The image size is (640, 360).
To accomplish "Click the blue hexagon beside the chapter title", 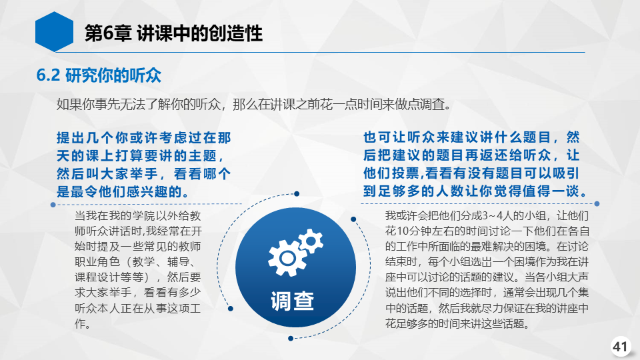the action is pyautogui.click(x=54, y=31).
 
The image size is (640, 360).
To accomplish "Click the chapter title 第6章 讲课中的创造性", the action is pyautogui.click(x=173, y=33).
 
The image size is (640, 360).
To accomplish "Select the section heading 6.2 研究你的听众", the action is pyautogui.click(x=99, y=75).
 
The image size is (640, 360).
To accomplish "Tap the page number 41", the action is pyautogui.click(x=620, y=347).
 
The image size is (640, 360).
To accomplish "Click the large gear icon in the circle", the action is pyautogui.click(x=287, y=257).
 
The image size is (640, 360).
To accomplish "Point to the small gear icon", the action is pyautogui.click(x=311, y=241).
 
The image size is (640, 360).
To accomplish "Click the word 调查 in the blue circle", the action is pyautogui.click(x=292, y=301).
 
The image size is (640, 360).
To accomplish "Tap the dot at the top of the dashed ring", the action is pyautogui.click(x=297, y=193).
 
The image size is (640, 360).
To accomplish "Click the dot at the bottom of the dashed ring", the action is pyautogui.click(x=291, y=339).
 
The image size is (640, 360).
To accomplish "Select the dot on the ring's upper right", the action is pyautogui.click(x=353, y=219).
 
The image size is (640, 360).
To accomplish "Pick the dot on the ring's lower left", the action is pyautogui.click(x=231, y=309).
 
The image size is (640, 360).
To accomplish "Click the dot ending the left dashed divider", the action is pyautogui.click(x=53, y=205).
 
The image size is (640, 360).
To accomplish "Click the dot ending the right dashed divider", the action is pyautogui.click(x=597, y=204).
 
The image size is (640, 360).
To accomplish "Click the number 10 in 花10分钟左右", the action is pyautogui.click(x=402, y=231).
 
